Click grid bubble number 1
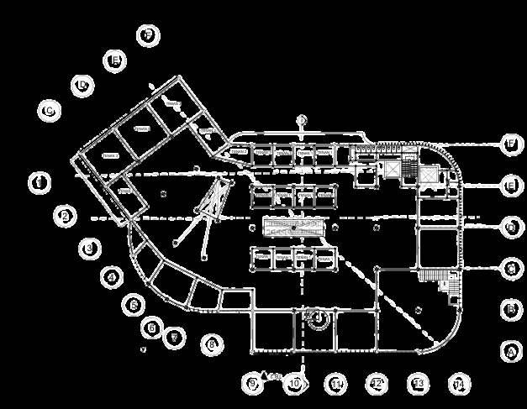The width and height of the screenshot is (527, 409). tap(39, 182)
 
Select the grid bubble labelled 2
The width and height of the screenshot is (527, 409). tap(65, 216)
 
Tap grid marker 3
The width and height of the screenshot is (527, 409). tap(90, 248)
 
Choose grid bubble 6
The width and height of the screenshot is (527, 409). tap(152, 327)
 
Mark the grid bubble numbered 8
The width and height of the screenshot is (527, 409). tap(212, 343)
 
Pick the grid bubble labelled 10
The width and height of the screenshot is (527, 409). tap(294, 384)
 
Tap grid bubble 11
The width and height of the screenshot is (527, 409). tap(335, 384)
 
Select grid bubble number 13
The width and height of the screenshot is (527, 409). tap(418, 384)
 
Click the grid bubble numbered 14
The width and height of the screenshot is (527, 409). tap(457, 384)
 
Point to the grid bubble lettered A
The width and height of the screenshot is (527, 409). tap(509, 351)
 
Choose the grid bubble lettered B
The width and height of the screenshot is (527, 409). tap(509, 308)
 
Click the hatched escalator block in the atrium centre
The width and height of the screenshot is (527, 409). tap(293, 228)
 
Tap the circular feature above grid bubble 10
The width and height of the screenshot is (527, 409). tap(318, 317)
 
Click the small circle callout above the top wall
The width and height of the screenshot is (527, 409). tap(303, 120)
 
